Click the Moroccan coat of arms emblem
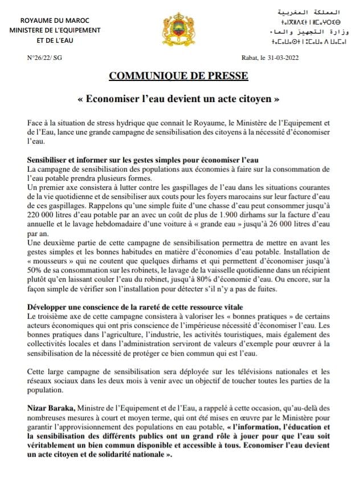point(179,29)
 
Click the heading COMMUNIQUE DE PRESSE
point(179,76)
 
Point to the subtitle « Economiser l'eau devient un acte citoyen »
point(179,99)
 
